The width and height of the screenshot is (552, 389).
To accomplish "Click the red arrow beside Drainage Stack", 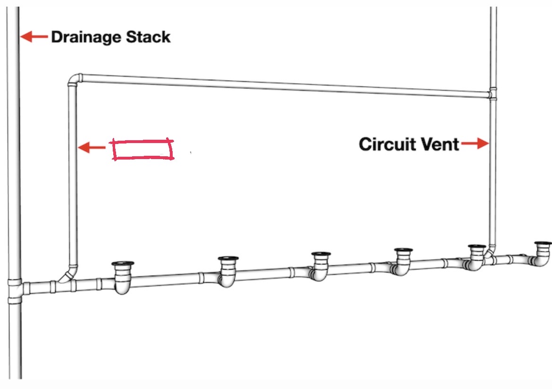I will coord(34,36).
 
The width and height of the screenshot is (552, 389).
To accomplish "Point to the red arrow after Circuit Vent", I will coord(475,144).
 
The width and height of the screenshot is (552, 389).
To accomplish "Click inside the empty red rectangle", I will coord(142,150).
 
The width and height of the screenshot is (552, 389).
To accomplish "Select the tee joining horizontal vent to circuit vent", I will coord(493,94).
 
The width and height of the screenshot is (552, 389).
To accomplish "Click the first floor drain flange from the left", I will coord(123,264).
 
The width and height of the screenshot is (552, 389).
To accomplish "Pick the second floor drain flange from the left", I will coord(229,258).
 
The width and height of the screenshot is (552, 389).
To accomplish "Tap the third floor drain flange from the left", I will coord(321,254).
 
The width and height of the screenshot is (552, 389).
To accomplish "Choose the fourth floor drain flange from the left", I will coord(403,250).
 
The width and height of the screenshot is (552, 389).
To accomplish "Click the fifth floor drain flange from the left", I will coord(477,247).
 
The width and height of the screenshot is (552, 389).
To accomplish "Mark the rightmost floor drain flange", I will coord(543,244).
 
